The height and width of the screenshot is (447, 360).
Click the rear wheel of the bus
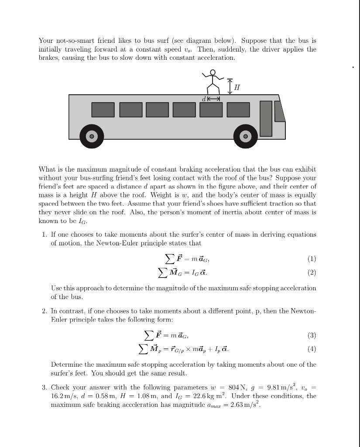(92, 136)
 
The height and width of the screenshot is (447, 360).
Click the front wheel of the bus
(246, 136)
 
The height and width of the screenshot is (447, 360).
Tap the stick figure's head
(213, 72)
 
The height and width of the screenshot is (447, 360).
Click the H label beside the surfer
(237, 88)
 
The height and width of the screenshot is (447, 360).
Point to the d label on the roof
(204, 99)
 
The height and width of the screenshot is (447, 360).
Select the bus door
(266, 118)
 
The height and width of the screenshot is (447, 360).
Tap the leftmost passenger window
(103, 110)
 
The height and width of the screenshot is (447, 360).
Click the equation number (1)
(312, 259)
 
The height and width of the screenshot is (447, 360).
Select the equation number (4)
(312, 349)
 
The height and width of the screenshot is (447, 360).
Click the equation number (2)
(312, 272)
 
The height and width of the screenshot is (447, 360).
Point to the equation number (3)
(312, 335)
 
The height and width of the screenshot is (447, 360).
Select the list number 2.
(45, 311)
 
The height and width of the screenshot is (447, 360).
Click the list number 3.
(45, 388)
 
